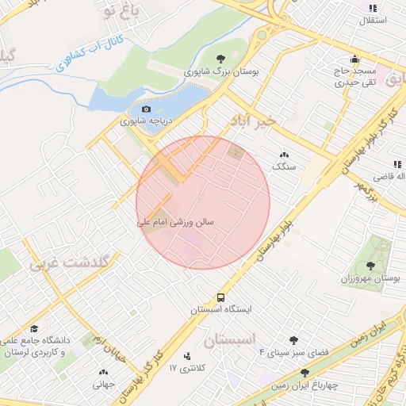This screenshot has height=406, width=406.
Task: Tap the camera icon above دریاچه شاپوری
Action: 145,109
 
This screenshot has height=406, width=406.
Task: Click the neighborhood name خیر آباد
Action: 251,121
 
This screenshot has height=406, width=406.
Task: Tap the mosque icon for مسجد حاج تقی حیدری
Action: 354,58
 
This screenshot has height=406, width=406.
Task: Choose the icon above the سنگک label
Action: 284,155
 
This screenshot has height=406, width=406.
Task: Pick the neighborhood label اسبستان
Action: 231,340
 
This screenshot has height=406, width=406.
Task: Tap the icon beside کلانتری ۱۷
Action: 187,356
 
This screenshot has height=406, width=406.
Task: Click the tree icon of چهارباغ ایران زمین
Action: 304,372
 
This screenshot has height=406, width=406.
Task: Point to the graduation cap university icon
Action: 34,327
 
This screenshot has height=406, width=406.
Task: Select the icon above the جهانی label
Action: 103,372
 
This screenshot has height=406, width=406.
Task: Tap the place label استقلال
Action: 373,20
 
